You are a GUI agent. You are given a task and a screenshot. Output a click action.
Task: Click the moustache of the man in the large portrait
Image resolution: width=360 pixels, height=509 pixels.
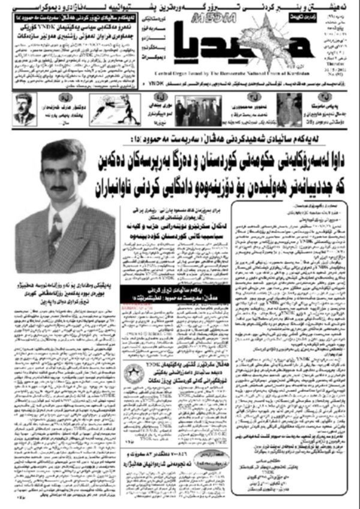(58, 188)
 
